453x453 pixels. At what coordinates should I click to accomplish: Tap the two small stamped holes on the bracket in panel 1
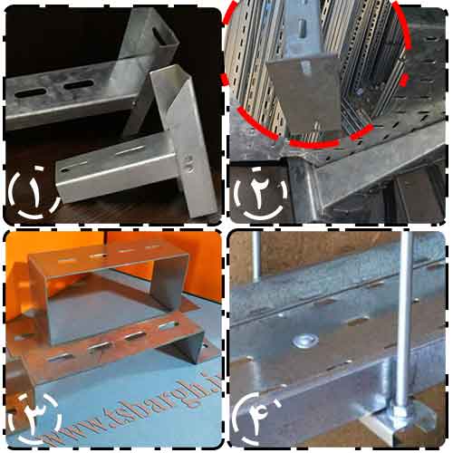pos(188,164)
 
